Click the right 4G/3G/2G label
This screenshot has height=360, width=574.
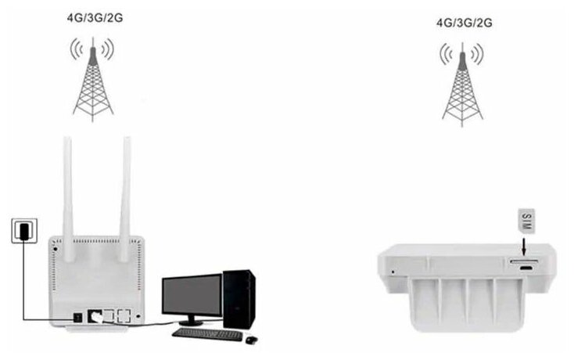pyautogui.click(x=464, y=23)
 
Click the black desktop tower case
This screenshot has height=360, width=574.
pyautogui.click(x=239, y=299)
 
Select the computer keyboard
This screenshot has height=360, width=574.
pyautogui.click(x=206, y=333)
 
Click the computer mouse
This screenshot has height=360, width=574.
pyautogui.click(x=250, y=339)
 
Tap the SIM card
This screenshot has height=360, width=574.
pyautogui.click(x=524, y=221)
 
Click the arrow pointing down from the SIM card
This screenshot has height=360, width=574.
pyautogui.click(x=524, y=247)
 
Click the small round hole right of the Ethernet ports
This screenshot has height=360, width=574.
pyautogui.click(x=138, y=317)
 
